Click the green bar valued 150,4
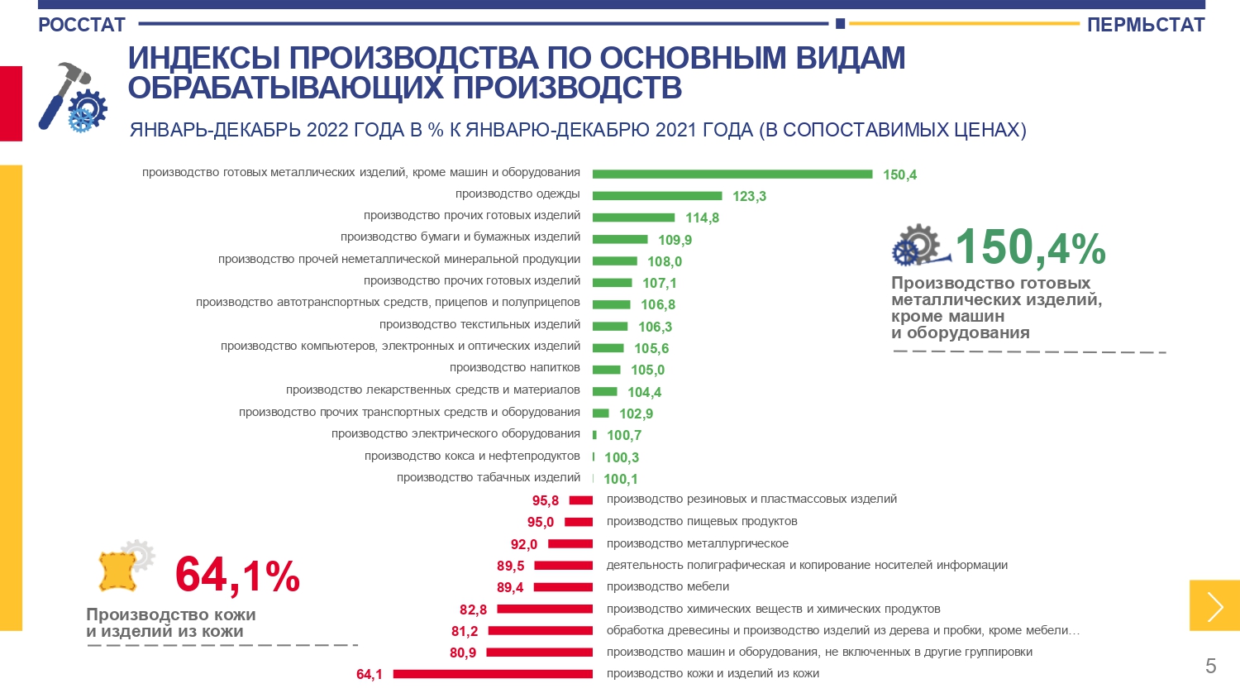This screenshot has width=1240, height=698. pyautogui.click(x=732, y=174)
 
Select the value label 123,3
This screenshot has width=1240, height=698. pyautogui.click(x=749, y=196)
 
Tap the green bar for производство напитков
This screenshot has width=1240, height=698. pyautogui.click(x=606, y=370)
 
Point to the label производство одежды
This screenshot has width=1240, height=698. pyautogui.click(x=517, y=194)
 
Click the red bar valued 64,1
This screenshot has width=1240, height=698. pyautogui.click(x=493, y=674)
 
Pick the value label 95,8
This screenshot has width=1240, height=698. pyautogui.click(x=546, y=500)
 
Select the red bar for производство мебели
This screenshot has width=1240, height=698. pyautogui.click(x=564, y=587)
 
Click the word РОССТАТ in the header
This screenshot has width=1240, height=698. pyautogui.click(x=82, y=25)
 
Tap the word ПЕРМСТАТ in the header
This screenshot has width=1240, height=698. pyautogui.click(x=1146, y=25)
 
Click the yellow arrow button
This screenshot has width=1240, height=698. pyautogui.click(x=1214, y=605)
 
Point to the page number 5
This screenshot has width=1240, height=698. pyautogui.click(x=1211, y=666)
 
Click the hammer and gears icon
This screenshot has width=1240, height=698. pyautogui.click(x=73, y=98)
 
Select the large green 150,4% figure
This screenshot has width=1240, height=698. pyautogui.click(x=1030, y=247)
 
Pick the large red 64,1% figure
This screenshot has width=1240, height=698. pyautogui.click(x=237, y=575)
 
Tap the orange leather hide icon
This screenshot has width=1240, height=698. pyautogui.click(x=117, y=571)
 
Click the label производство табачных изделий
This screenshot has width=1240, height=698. pyautogui.click(x=489, y=477)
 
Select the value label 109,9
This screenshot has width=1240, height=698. pyautogui.click(x=675, y=240)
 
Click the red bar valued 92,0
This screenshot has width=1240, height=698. pyautogui.click(x=570, y=543)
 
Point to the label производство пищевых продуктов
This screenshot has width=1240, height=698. pyautogui.click(x=702, y=521)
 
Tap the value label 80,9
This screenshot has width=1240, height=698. pyautogui.click(x=463, y=653)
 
